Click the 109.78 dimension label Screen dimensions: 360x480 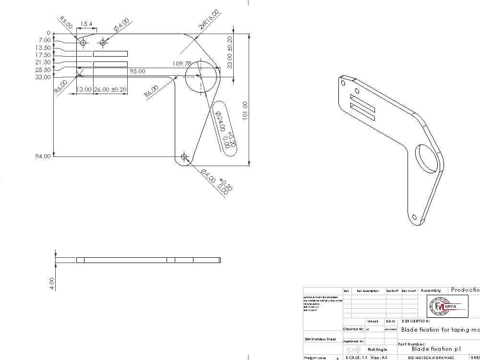[182, 63]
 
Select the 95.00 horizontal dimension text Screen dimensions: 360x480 [137, 71]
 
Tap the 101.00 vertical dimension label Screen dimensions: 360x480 [245, 111]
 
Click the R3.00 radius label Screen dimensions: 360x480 [66, 22]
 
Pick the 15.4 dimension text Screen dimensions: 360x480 [86, 24]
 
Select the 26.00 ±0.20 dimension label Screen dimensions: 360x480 [111, 90]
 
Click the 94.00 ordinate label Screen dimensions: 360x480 [42, 156]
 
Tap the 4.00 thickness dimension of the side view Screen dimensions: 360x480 [52, 283]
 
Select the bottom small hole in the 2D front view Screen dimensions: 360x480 [184, 156]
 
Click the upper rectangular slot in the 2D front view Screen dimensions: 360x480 [110, 54]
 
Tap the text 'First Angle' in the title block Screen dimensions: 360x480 [377, 349]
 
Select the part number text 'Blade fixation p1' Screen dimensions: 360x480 [436, 349]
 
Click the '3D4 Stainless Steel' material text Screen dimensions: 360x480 [321, 339]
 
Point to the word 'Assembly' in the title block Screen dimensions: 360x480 [431, 290]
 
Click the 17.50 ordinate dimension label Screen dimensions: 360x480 [43, 55]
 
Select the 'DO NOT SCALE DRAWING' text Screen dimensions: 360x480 [431, 358]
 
